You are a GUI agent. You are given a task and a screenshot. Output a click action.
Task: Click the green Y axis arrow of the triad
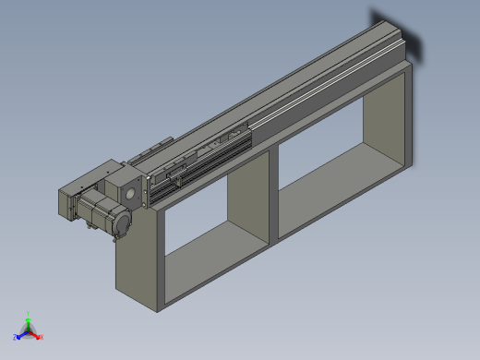coord(29,320)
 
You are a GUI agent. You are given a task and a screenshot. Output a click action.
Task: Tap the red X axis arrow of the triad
coord(36,334)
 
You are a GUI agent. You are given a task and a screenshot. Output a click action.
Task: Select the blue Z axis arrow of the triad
coord(22,333)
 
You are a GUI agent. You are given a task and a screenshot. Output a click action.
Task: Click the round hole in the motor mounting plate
coord(131,194)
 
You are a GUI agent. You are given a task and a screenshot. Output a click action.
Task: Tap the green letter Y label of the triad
coord(30,313)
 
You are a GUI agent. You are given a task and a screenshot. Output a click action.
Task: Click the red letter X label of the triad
coord(42,337)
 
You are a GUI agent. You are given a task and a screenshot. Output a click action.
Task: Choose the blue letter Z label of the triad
coord(18,337)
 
